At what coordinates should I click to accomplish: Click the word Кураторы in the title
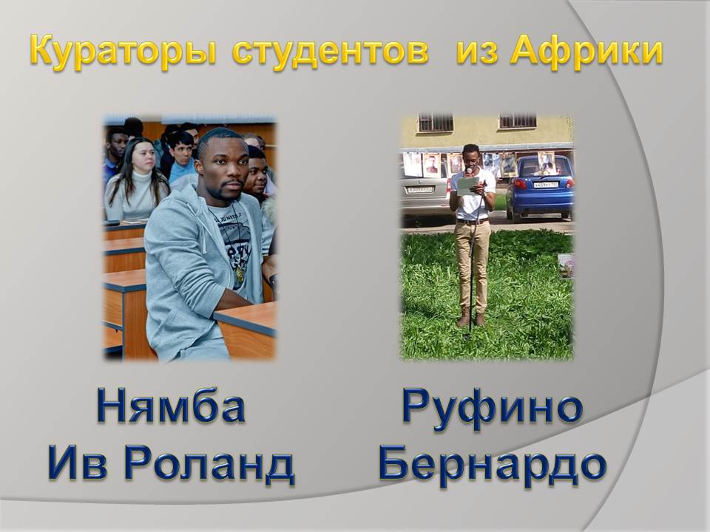pos(123,52)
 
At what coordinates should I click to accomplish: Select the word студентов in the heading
pos(330,51)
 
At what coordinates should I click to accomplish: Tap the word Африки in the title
pos(586,51)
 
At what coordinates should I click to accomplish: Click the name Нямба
pos(171,406)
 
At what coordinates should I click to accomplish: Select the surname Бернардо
pos(493,465)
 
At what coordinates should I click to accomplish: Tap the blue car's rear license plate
pos(546,185)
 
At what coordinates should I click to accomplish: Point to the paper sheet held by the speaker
pos(467,185)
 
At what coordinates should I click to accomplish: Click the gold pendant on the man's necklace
pos(239,275)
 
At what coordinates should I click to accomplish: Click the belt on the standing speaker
pos(473,221)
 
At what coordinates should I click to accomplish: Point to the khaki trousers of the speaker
pos(473,267)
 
